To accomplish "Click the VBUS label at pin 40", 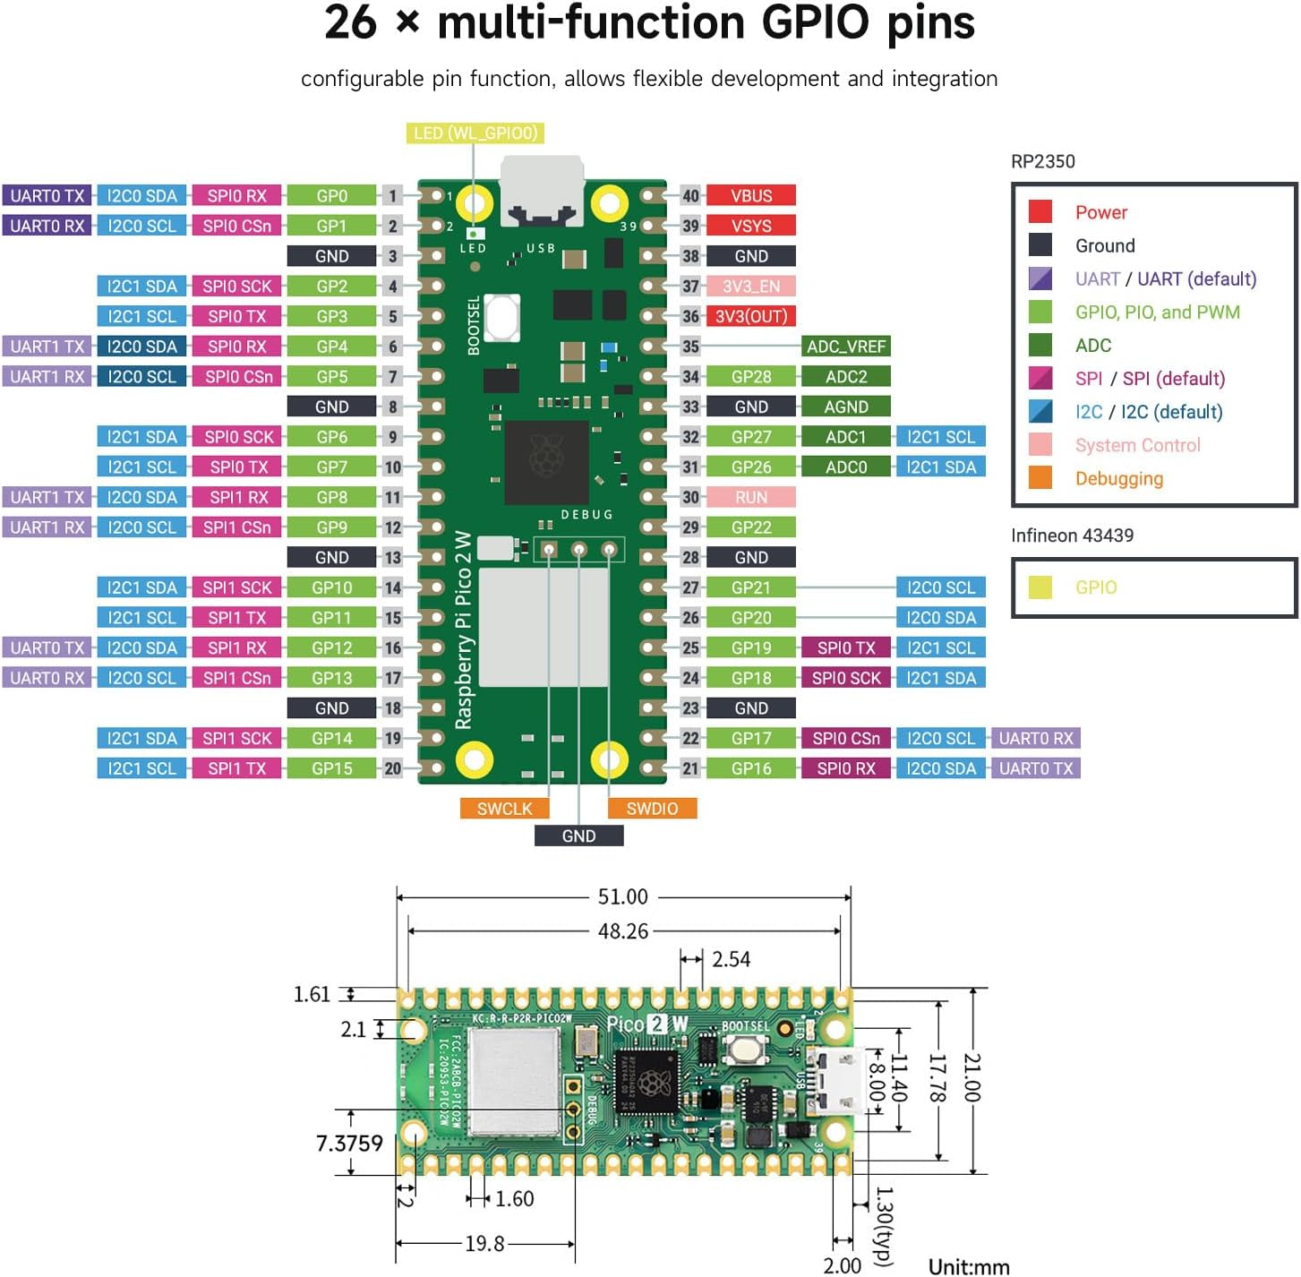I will point(750,195).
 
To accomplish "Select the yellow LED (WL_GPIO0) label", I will point(475,133).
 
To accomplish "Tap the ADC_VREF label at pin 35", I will point(845,347).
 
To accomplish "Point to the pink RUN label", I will point(750,497).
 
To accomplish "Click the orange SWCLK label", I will point(504,809).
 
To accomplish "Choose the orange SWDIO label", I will point(652,809).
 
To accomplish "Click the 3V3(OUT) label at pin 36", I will point(750,316).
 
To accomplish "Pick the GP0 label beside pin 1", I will point(331,195).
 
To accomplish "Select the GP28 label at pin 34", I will point(750,377).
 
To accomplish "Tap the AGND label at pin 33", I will point(845,407).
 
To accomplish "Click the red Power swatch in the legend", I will point(1040,211).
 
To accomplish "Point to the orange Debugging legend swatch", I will point(1040,478).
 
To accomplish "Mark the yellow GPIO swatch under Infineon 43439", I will point(1040,587).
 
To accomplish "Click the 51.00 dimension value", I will point(622,896).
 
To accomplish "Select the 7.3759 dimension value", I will point(349,1144).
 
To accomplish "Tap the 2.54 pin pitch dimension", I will point(731,959).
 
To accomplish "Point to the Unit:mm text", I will point(968,1266).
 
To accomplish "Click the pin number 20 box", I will point(392,768).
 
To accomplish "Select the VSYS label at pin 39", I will point(750,226).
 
